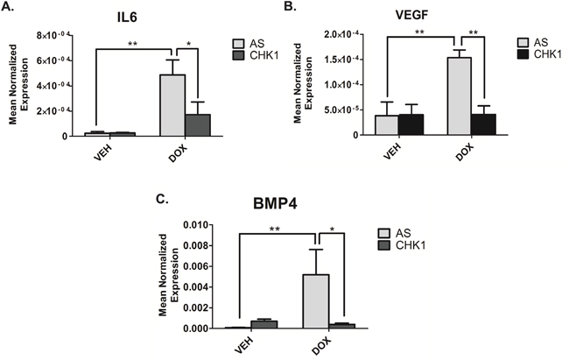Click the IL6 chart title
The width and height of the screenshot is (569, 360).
(134, 16)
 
